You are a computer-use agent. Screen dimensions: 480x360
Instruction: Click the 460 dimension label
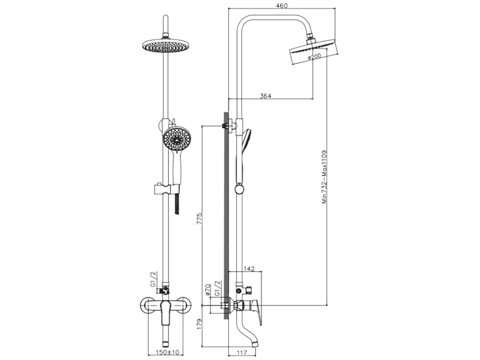click(x=281, y=6)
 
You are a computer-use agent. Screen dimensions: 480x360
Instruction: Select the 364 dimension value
click(x=266, y=96)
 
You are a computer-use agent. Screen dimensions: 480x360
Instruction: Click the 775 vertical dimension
click(x=200, y=218)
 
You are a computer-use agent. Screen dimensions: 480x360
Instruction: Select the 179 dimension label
click(x=200, y=324)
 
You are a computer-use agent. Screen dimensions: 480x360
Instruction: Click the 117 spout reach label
click(x=242, y=353)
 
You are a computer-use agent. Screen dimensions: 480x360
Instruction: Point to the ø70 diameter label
click(x=207, y=289)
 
